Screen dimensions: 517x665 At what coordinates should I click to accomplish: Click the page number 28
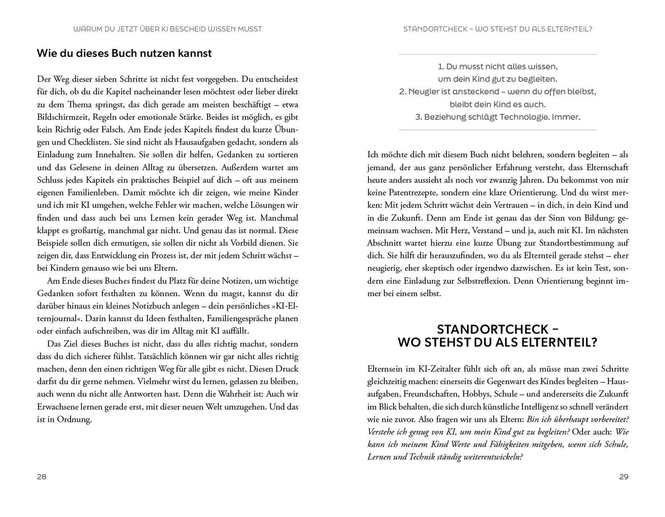(42, 477)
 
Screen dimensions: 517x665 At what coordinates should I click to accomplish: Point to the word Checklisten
(87, 142)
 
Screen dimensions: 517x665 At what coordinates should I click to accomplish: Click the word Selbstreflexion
(483, 281)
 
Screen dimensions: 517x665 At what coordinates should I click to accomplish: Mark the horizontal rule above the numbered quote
(498, 55)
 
